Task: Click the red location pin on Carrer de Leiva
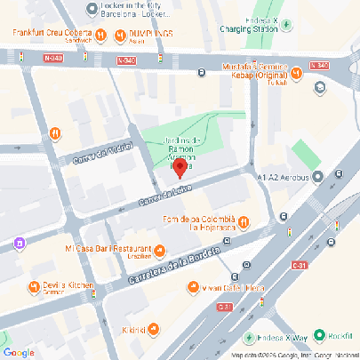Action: (x=179, y=166)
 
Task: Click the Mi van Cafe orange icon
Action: (x=193, y=286)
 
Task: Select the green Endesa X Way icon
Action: (x=248, y=338)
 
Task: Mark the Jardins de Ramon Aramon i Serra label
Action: (x=187, y=148)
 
